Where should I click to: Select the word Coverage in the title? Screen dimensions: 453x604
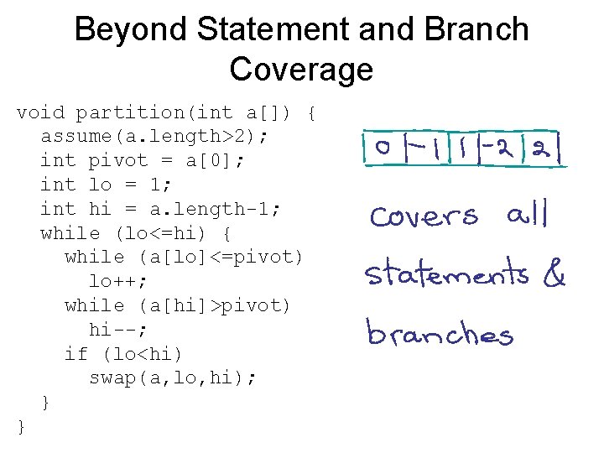coord(301,69)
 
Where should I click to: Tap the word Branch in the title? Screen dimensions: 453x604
coord(477,30)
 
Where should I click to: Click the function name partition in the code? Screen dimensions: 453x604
coord(129,112)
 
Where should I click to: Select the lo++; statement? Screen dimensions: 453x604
coord(117,281)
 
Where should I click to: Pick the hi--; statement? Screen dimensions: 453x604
coord(117,330)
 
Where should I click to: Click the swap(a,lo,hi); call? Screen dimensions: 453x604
coord(173,378)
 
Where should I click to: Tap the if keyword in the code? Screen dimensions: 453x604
coord(75,354)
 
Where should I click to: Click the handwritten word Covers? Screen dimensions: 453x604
coord(423,216)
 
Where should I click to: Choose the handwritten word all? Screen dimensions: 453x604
coord(527,215)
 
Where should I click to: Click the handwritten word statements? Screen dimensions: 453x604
coord(446,273)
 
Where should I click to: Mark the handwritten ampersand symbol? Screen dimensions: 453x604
coord(555,276)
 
